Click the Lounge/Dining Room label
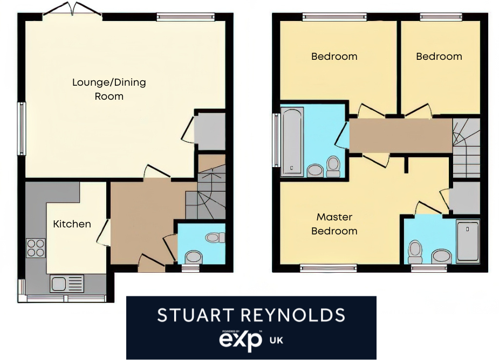(x=109, y=89)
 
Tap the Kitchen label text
(x=72, y=224)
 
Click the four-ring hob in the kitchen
(x=36, y=248)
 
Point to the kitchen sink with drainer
(x=67, y=283)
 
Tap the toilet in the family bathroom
(x=333, y=166)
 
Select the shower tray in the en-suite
(x=467, y=241)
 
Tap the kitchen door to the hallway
(x=104, y=232)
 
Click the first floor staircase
(x=466, y=148)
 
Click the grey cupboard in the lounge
(x=210, y=131)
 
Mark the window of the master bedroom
(x=329, y=268)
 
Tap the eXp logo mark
(x=240, y=340)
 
